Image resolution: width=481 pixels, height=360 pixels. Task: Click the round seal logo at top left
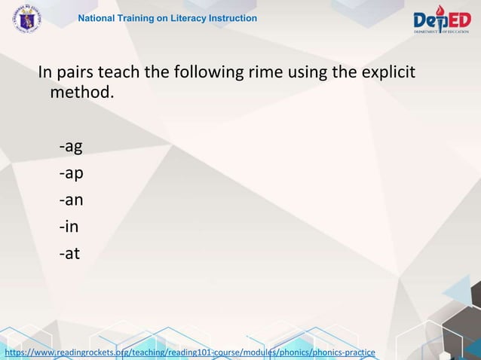click(26, 19)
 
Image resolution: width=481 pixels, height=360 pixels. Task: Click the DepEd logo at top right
click(441, 20)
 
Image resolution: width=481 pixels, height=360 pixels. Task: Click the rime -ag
click(71, 146)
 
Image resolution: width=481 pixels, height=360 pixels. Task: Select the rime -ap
click(71, 173)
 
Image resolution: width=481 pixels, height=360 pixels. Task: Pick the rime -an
click(71, 200)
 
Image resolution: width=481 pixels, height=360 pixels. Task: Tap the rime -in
click(69, 227)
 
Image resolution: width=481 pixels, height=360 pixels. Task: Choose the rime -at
click(69, 254)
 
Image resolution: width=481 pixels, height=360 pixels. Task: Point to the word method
click(81, 94)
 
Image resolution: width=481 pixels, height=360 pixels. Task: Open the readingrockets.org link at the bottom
click(189, 352)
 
